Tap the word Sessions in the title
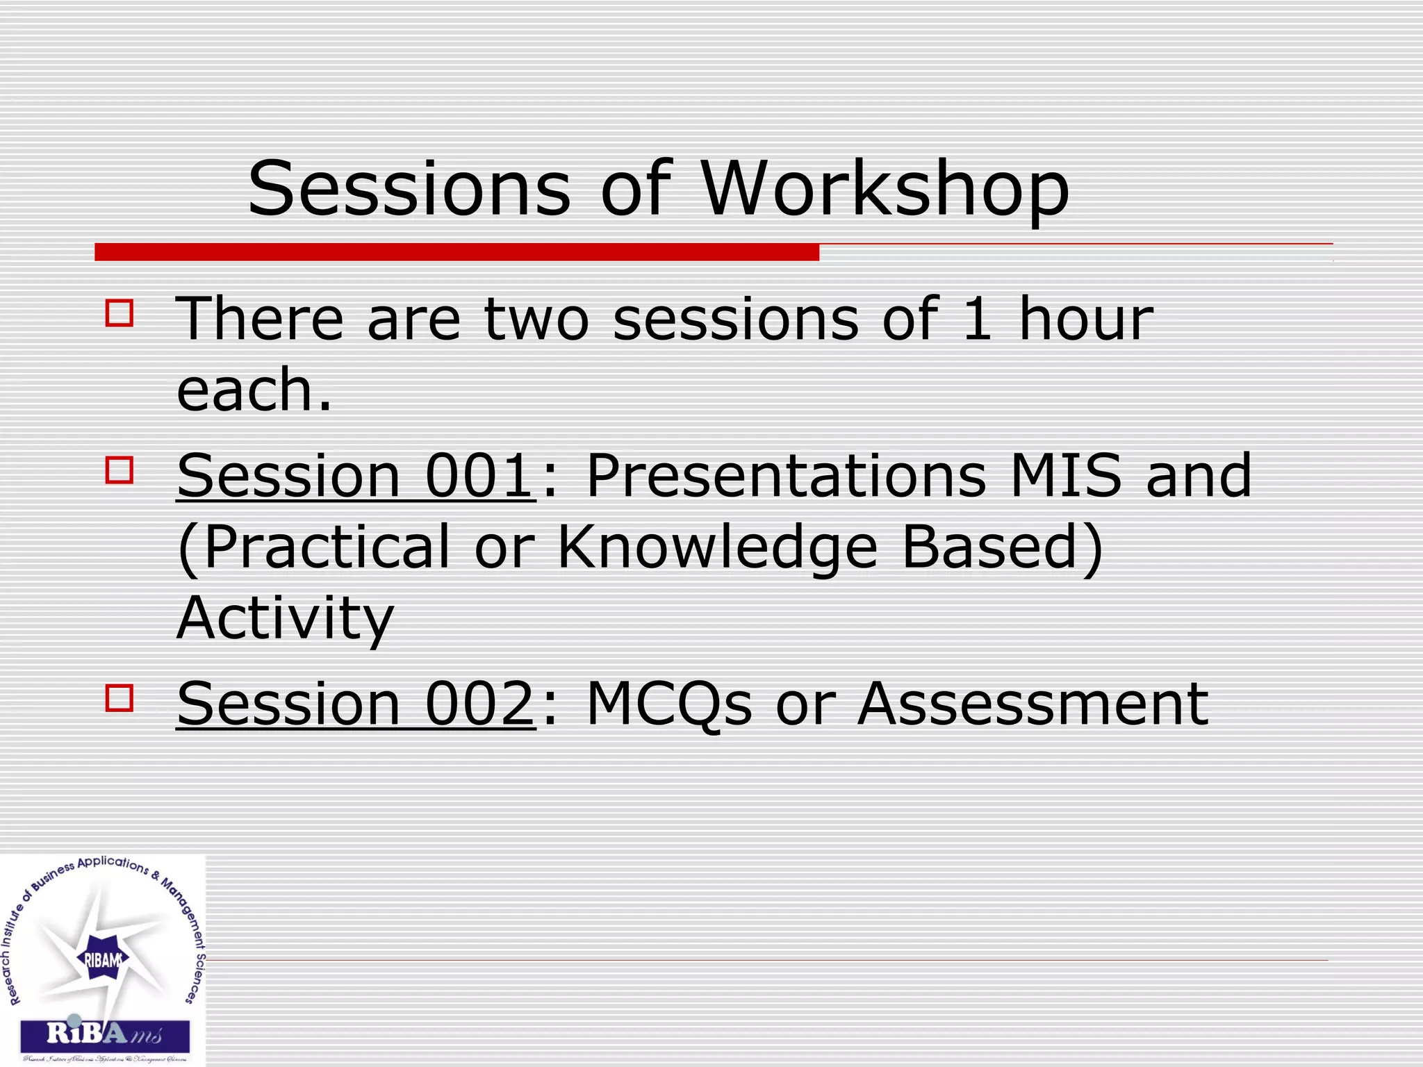(409, 189)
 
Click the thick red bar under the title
(456, 252)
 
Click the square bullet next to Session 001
(120, 470)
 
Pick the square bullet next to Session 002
(120, 697)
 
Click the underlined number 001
(479, 476)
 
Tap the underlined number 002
(479, 704)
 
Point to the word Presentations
(786, 476)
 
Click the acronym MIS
(1066, 476)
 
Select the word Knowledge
(718, 547)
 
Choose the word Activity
(286, 618)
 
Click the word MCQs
(669, 704)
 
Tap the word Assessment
(1033, 704)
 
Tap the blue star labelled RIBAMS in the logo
(103, 960)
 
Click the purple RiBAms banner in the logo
(105, 1036)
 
